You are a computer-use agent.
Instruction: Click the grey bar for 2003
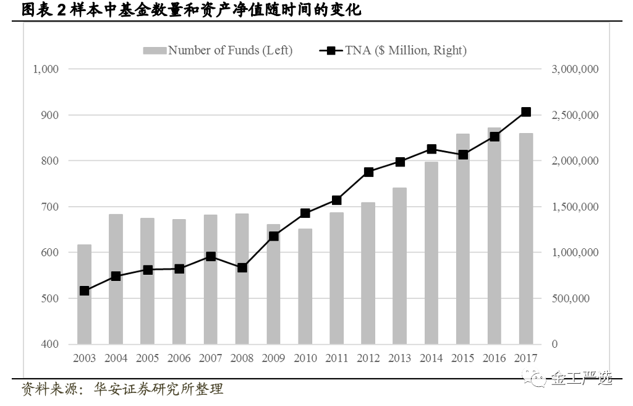pyautogui.click(x=84, y=295)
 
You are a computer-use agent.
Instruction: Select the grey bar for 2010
pyautogui.click(x=305, y=287)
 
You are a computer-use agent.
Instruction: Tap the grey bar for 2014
pyautogui.click(x=431, y=253)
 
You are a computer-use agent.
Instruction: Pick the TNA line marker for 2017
pyautogui.click(x=526, y=112)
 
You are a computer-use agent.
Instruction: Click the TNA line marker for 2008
pyautogui.click(x=242, y=268)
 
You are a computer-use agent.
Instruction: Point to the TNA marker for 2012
pyautogui.click(x=368, y=172)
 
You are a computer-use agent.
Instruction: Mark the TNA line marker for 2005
pyautogui.click(x=148, y=270)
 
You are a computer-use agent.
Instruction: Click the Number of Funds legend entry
pyautogui.click(x=218, y=51)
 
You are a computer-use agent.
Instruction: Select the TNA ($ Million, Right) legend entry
pyautogui.click(x=393, y=51)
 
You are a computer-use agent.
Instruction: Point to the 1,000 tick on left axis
pyautogui.click(x=45, y=69)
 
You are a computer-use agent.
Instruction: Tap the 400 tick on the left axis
pyautogui.click(x=49, y=344)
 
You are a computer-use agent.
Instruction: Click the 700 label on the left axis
pyautogui.click(x=49, y=207)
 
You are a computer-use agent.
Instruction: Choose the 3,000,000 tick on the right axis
pyautogui.click(x=574, y=69)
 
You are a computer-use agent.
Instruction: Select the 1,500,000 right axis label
pyautogui.click(x=574, y=207)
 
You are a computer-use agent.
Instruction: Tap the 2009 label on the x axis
pyautogui.click(x=273, y=358)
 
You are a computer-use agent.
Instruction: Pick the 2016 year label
pyautogui.click(x=495, y=358)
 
